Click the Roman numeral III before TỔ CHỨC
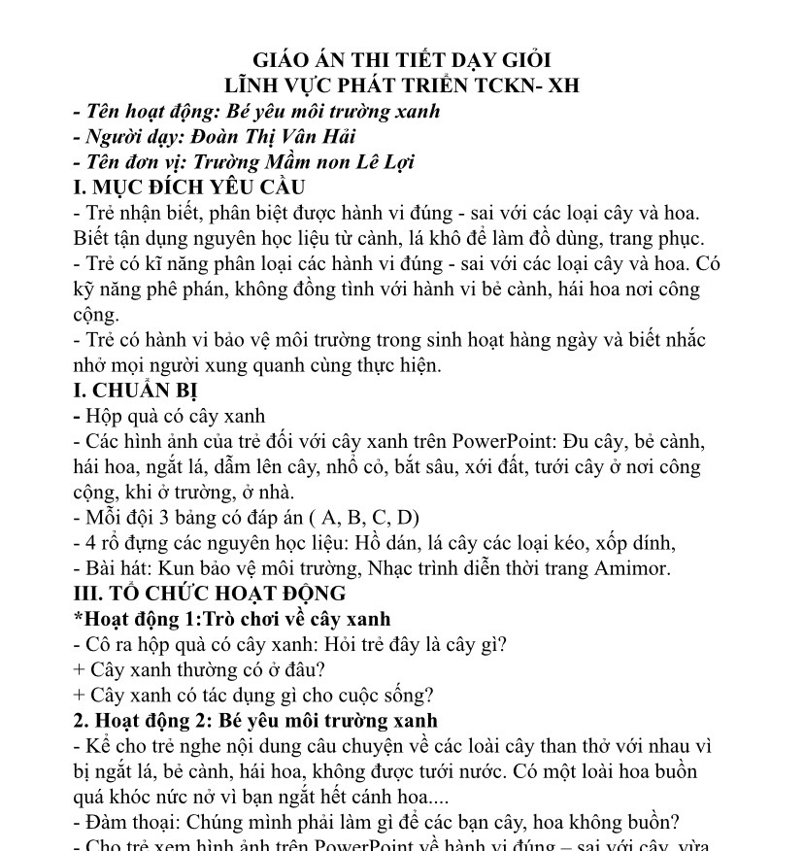(x=88, y=594)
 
